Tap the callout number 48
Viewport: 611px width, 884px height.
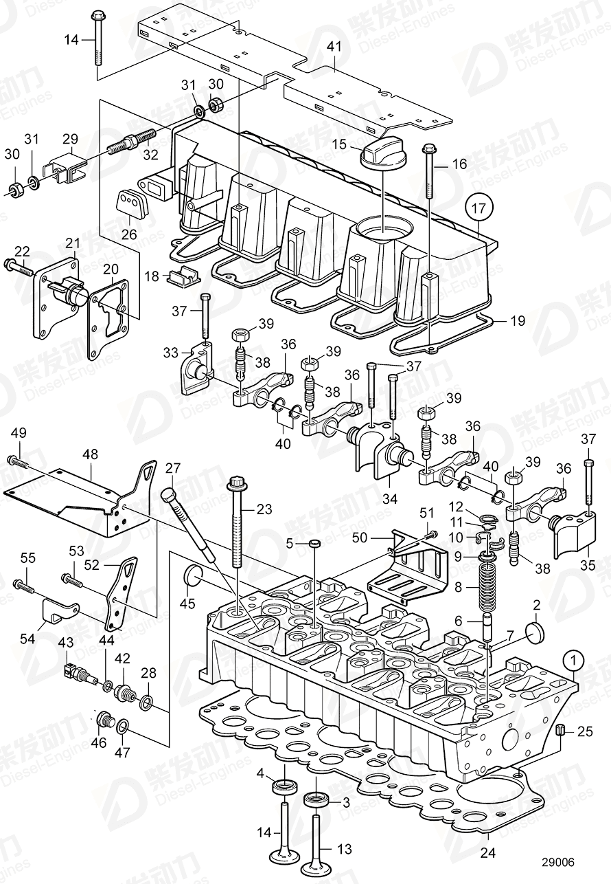90,454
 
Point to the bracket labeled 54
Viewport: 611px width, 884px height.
60,609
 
